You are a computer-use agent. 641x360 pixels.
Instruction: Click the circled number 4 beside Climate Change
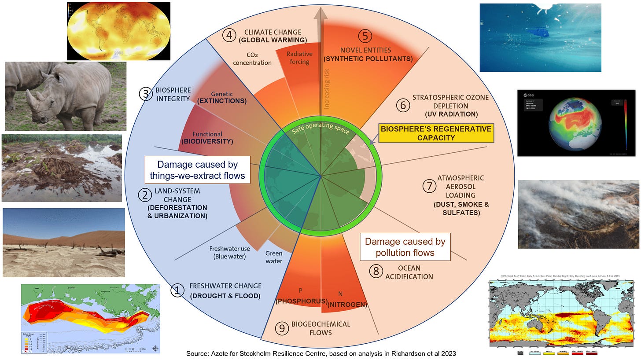[x=229, y=35]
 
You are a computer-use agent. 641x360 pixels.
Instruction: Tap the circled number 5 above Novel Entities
[x=365, y=36]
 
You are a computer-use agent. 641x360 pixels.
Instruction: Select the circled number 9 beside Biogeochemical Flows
[x=281, y=328]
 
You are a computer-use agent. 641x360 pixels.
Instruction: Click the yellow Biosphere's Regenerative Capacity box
[x=436, y=133]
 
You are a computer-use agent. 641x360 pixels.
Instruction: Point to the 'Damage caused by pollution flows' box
[x=405, y=247]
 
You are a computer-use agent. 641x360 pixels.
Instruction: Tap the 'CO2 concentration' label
[x=252, y=59]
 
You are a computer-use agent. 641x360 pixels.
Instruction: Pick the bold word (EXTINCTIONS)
[x=222, y=101]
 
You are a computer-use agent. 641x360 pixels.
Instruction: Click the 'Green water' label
[x=274, y=257]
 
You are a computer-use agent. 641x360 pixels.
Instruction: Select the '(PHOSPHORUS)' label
[x=301, y=301]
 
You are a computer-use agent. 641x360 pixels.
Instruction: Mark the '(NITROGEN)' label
[x=348, y=304]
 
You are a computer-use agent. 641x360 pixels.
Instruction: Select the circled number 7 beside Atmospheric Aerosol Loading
[x=428, y=186]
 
